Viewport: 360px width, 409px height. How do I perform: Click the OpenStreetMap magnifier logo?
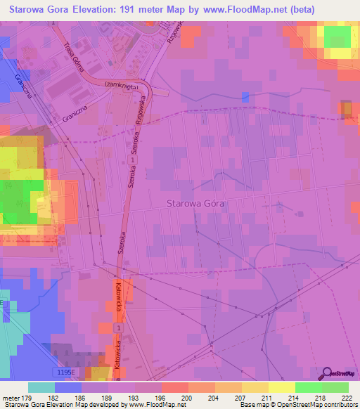click(x=327, y=373)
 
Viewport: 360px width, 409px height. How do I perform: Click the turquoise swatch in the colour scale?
click(x=41, y=387)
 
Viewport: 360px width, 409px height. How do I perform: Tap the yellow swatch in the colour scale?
click(x=282, y=387)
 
